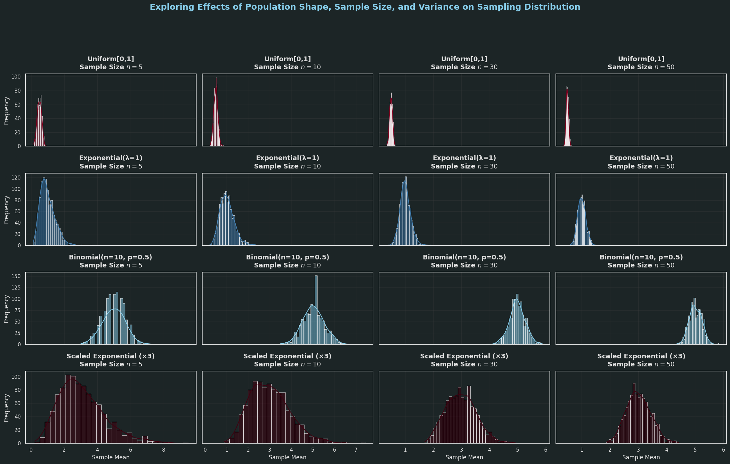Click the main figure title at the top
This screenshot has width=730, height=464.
point(365,7)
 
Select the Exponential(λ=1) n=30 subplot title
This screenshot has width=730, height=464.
point(464,162)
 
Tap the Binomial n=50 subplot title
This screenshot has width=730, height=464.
point(641,261)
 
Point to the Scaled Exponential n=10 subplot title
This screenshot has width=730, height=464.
point(287,360)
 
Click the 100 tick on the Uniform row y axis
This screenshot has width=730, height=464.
point(16,77)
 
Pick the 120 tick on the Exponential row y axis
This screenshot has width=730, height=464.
point(16,178)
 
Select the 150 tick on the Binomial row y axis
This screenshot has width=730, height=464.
point(16,276)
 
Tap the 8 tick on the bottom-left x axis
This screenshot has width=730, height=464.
point(163,450)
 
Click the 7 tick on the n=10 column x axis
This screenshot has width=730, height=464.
point(356,450)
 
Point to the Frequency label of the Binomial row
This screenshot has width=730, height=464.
point(6,309)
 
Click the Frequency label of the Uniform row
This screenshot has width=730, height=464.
point(6,111)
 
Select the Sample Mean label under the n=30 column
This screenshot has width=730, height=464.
point(464,457)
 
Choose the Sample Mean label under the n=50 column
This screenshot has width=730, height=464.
point(641,457)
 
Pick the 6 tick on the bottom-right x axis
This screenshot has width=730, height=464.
point(724,450)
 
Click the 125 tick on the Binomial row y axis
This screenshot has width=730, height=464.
point(16,287)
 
